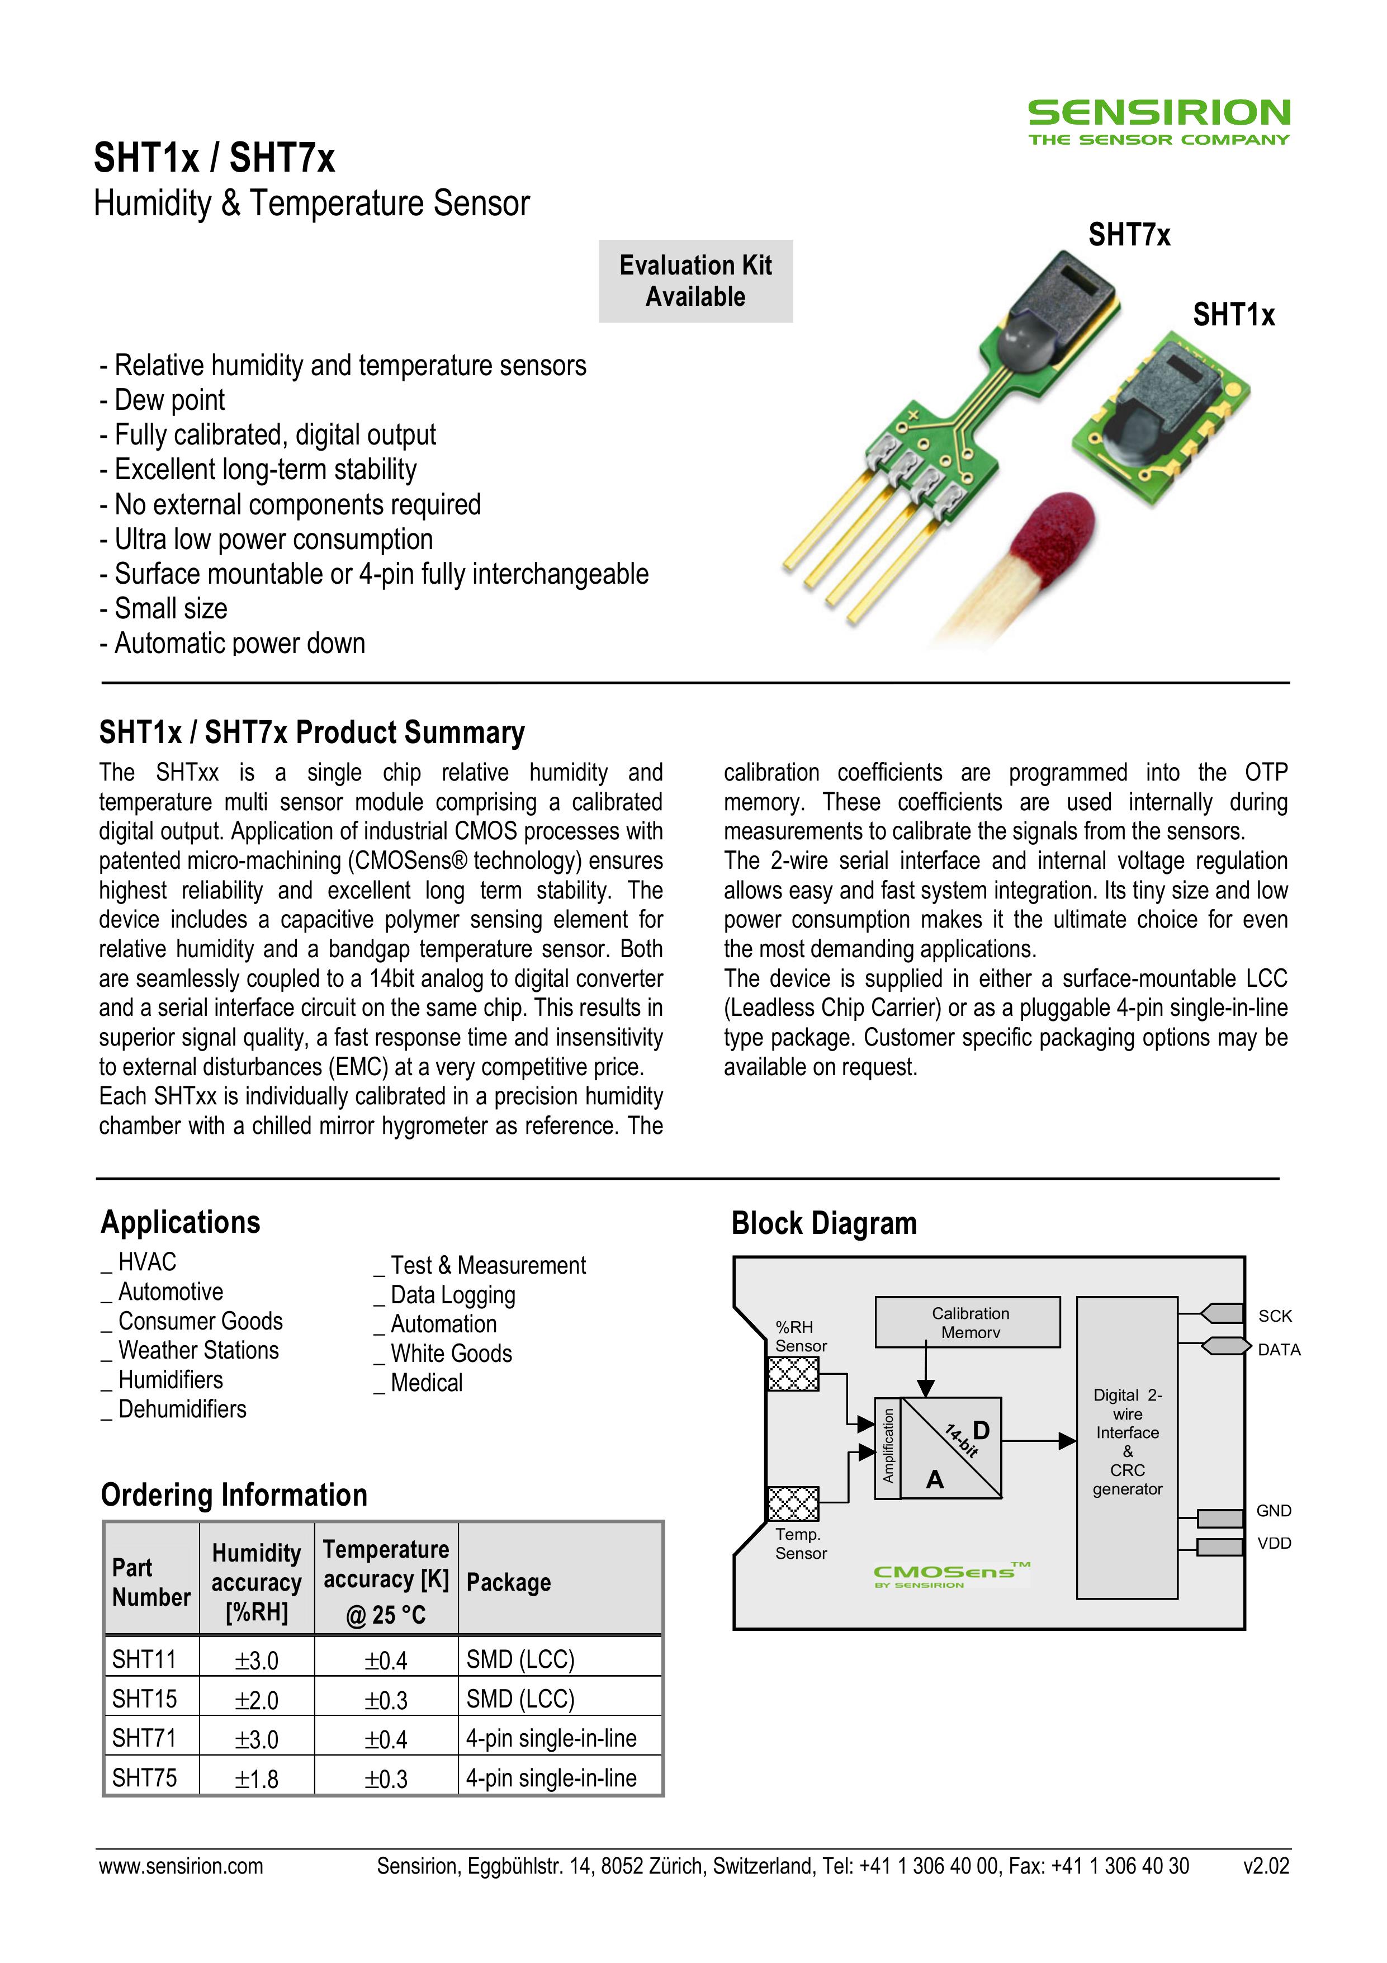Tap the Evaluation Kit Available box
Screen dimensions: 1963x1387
[695, 281]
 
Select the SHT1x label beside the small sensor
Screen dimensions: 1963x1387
[1233, 315]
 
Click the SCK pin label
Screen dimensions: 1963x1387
[1274, 1316]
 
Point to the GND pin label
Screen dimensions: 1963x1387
[1274, 1511]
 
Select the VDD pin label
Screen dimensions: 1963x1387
[1274, 1543]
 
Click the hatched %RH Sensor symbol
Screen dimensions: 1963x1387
[793, 1374]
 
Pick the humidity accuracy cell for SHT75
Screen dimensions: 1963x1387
[257, 1779]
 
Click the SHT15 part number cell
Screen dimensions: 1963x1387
[145, 1699]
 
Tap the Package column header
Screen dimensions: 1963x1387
[509, 1583]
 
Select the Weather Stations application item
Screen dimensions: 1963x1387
[198, 1351]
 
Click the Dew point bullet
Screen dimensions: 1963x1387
[169, 400]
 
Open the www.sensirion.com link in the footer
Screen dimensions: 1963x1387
[181, 1866]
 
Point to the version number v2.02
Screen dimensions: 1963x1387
[1266, 1866]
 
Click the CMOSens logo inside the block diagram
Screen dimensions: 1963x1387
[949, 1573]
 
